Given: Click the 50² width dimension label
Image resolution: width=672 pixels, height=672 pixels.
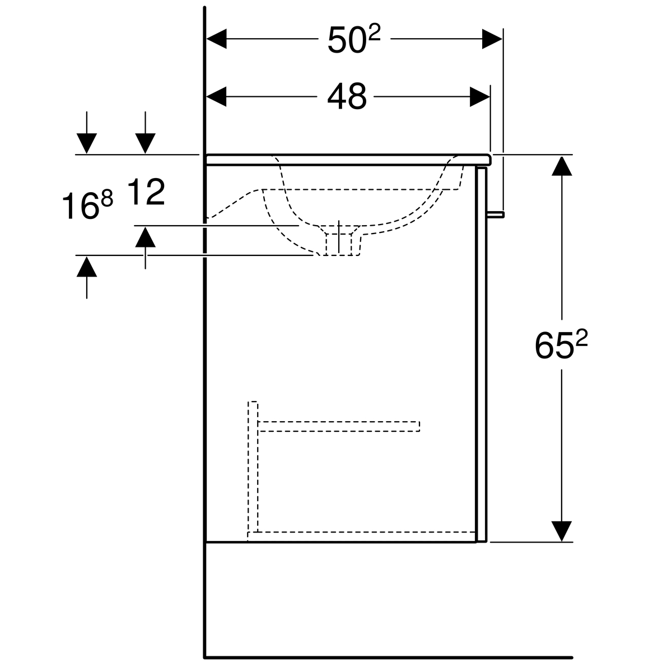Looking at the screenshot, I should point(353,40).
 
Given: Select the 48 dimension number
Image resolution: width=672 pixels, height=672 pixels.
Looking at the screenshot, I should point(347,96).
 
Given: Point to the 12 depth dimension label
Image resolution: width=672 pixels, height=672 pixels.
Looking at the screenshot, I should point(146,192).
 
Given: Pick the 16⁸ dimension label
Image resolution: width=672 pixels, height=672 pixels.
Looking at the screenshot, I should point(87,206).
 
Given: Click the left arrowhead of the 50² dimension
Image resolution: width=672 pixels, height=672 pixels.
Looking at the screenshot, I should point(217,39).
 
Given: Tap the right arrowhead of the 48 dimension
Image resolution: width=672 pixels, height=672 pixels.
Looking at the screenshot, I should point(479,97).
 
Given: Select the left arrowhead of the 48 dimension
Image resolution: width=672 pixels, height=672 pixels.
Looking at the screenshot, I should point(217,97).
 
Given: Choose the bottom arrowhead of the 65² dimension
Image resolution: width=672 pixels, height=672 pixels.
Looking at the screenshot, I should point(562,531).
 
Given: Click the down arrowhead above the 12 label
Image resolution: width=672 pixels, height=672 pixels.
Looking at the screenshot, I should point(145,144).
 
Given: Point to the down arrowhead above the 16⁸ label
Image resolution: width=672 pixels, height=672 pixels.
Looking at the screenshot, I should point(87,144).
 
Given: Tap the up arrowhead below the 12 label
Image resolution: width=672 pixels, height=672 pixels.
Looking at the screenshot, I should point(145,237).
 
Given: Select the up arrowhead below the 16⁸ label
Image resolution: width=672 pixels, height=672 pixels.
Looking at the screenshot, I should point(87,266).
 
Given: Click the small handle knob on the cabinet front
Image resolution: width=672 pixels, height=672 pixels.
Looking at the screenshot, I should point(496,214).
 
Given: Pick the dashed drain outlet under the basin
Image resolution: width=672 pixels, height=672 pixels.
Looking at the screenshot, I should point(339,244).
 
